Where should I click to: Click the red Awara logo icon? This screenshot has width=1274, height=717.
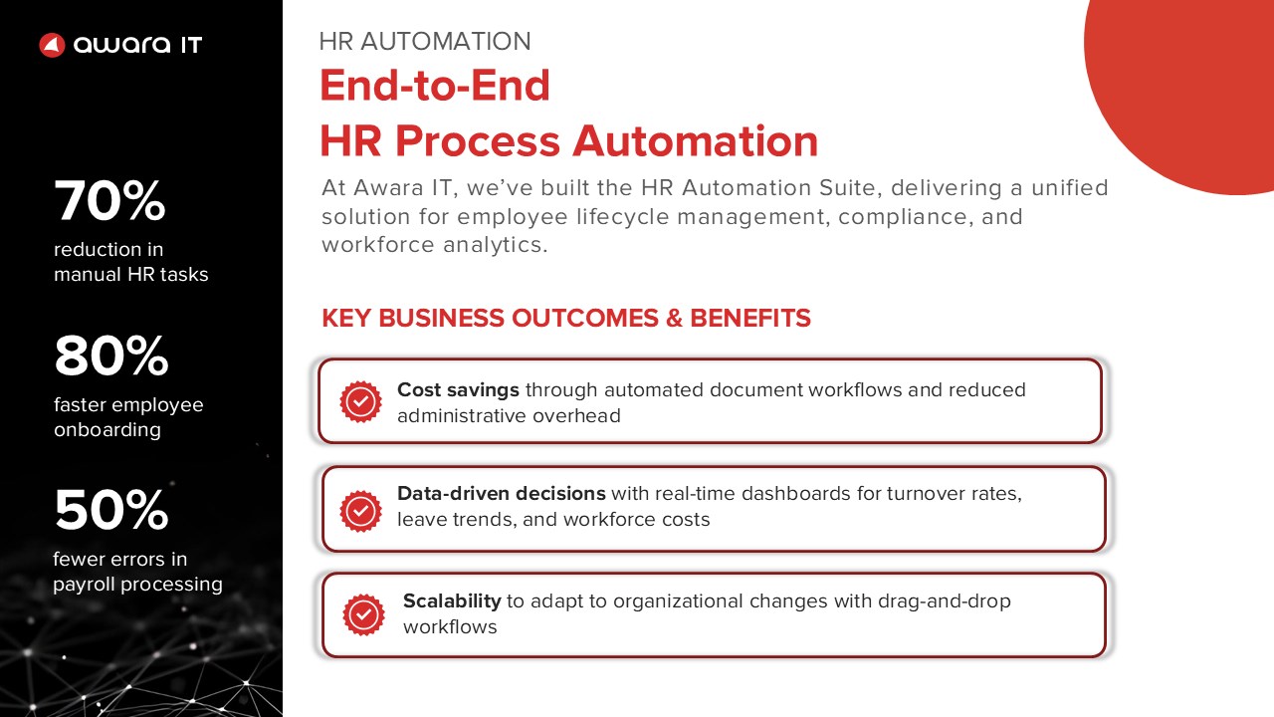tap(52, 45)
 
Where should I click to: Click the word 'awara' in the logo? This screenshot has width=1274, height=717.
tap(121, 45)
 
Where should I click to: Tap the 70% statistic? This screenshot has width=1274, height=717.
tap(109, 200)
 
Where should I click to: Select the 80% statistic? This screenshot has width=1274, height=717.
tap(111, 356)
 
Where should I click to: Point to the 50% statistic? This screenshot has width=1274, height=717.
tap(111, 509)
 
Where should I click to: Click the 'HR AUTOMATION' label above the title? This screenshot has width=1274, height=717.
tap(425, 42)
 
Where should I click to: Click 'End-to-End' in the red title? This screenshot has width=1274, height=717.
tap(435, 86)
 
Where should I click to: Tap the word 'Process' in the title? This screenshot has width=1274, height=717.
tap(478, 141)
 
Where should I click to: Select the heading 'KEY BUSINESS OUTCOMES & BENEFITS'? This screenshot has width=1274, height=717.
tap(566, 318)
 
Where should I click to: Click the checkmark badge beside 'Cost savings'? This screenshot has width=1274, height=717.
tap(360, 401)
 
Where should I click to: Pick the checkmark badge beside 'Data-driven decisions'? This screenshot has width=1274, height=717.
tap(360, 511)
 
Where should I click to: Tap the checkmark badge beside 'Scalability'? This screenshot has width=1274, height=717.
tap(363, 614)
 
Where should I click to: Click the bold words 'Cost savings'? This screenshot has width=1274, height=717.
tap(458, 389)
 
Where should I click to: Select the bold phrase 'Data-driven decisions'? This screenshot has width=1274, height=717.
tap(501, 493)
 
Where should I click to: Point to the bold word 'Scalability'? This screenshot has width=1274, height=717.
tap(452, 600)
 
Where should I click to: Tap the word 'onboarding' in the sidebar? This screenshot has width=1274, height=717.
tap(107, 430)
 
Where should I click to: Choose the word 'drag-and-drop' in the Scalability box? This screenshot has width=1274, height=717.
tap(945, 601)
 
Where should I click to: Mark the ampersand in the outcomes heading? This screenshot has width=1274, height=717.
tap(674, 318)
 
